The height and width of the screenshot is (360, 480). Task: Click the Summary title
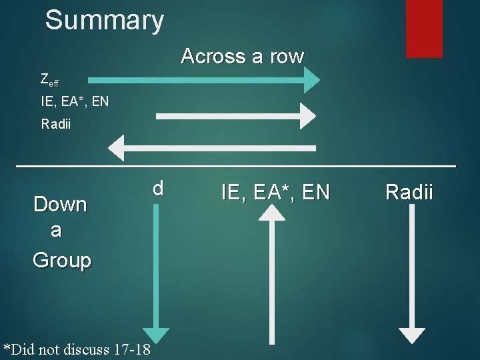(104, 20)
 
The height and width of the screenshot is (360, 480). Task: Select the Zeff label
(49, 81)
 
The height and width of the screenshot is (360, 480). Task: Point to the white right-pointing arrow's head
(307, 116)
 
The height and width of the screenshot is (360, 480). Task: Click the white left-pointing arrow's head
(118, 147)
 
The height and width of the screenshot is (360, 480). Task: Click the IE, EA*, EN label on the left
(74, 103)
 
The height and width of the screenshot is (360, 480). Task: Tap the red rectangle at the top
(424, 28)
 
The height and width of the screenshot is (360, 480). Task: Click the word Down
(60, 204)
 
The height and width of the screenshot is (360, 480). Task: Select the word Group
(61, 260)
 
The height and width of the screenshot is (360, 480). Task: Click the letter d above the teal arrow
(157, 188)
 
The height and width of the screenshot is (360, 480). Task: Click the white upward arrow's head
(271, 213)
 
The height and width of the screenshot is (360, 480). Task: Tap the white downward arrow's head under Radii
(411, 335)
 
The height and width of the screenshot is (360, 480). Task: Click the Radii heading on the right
(409, 193)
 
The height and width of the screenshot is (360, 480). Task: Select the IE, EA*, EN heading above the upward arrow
(275, 193)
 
